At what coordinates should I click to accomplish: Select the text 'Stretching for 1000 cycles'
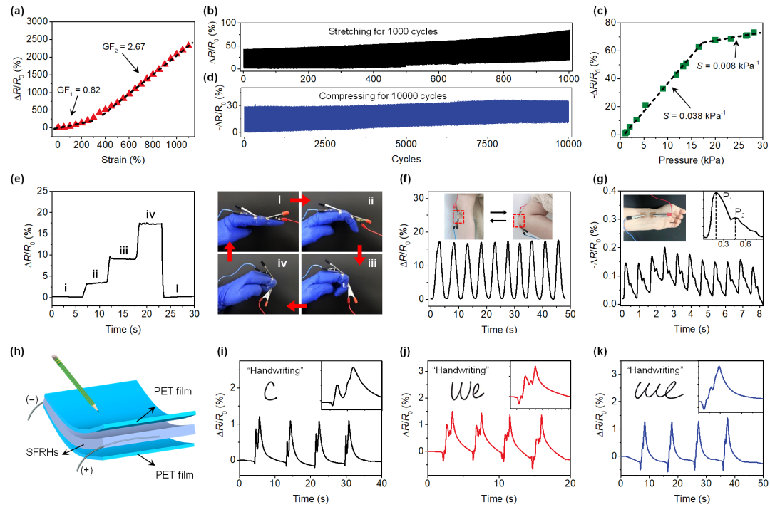click(384, 32)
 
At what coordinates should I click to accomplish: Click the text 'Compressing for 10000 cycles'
click(384, 95)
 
